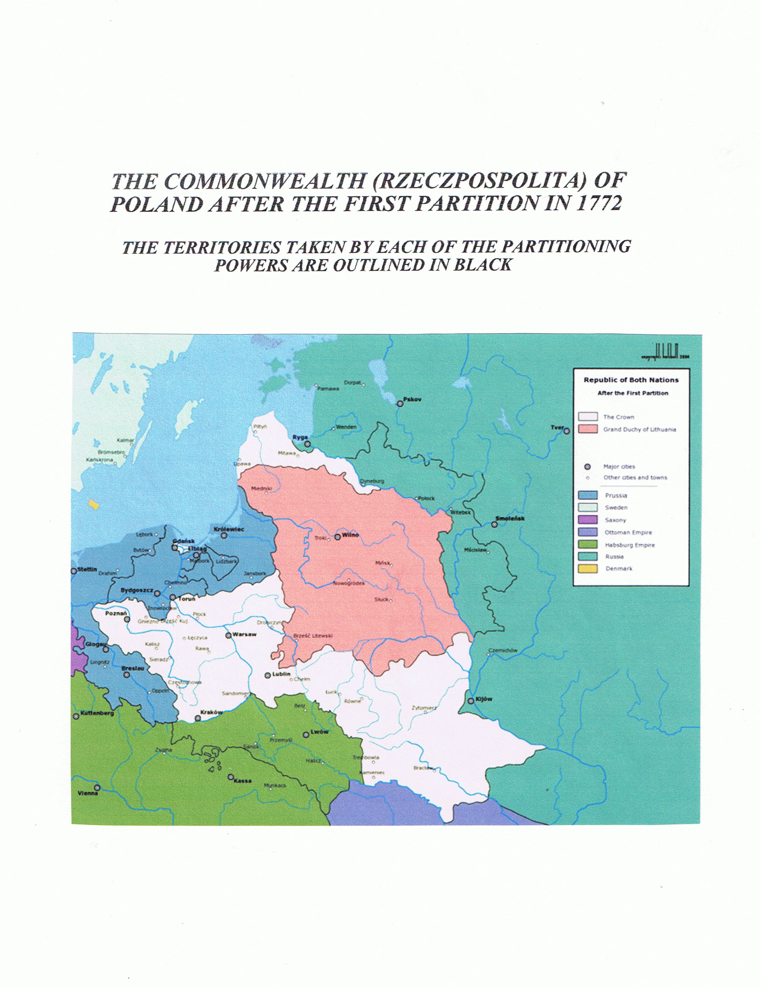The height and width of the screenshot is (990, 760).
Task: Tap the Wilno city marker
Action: [x=337, y=537]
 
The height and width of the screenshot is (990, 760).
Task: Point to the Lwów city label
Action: [x=319, y=732]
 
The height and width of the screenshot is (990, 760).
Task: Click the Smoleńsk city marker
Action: [x=494, y=524]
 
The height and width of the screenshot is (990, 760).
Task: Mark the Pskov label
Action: [x=412, y=399]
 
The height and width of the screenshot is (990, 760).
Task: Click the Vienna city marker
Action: [x=97, y=788]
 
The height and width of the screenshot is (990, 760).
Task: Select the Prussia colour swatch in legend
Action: [x=588, y=495]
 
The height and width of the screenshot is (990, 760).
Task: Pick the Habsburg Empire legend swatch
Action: [x=588, y=544]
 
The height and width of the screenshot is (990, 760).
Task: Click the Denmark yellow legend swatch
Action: [x=588, y=569]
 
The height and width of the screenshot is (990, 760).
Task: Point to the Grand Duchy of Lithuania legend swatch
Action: [x=588, y=429]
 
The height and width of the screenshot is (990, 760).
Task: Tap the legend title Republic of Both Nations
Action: [x=631, y=380]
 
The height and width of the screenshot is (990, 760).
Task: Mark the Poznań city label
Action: [x=116, y=613]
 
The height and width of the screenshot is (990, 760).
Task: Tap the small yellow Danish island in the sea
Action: [x=94, y=504]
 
